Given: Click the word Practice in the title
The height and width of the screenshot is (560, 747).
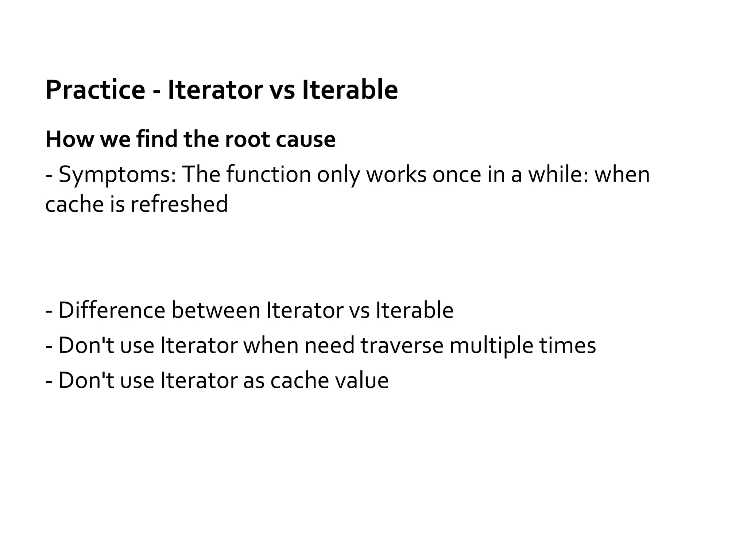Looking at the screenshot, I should point(95,90).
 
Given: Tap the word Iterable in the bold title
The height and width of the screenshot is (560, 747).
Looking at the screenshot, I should point(350,90).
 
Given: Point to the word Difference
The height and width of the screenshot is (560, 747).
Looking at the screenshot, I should point(112,310).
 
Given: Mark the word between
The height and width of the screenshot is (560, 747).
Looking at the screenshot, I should point(216,310).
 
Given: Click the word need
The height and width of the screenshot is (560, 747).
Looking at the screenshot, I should point(329,345).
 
